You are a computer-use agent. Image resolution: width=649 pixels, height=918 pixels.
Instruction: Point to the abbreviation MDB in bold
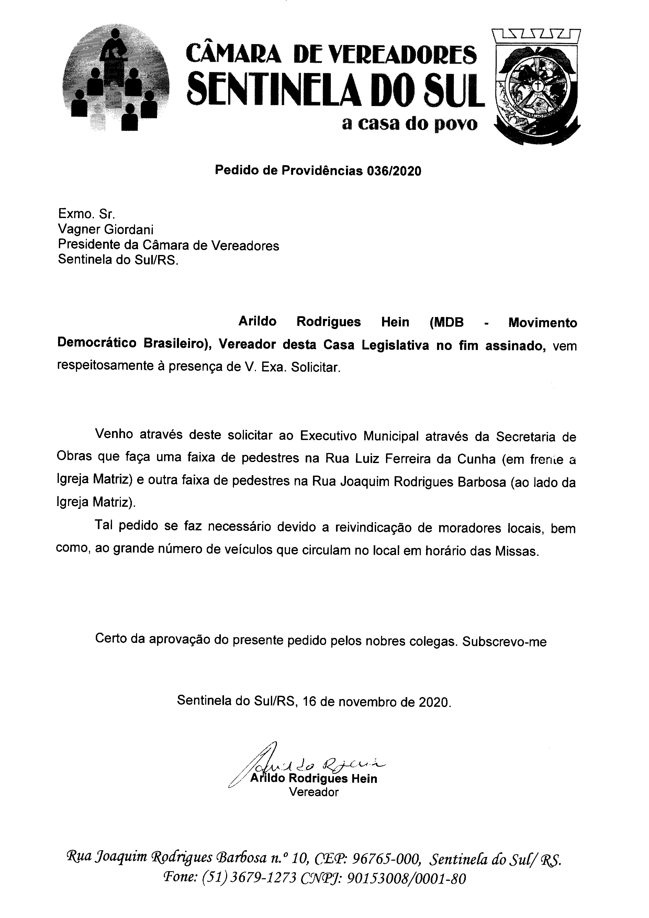(447, 322)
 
